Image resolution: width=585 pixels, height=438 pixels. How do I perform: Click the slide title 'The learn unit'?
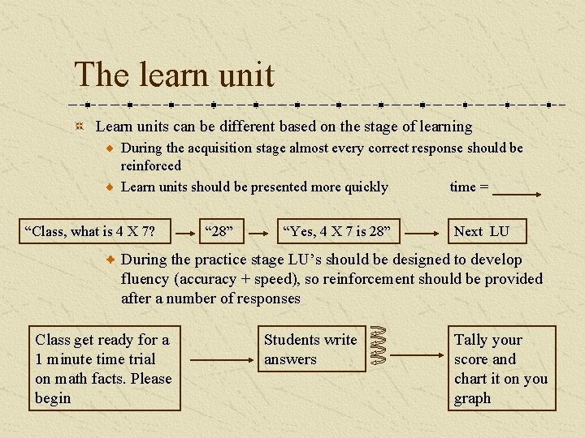pyautogui.click(x=175, y=75)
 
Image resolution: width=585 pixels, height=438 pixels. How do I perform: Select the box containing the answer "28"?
pyautogui.click(x=220, y=231)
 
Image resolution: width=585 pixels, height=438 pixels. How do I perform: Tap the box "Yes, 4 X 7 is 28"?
pyautogui.click(x=336, y=231)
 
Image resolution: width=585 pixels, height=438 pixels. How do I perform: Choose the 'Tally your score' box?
pyautogui.click(x=501, y=368)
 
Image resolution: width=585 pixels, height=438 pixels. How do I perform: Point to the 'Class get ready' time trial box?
pyautogui.click(x=104, y=368)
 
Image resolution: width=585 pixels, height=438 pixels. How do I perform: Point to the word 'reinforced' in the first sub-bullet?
pyautogui.click(x=151, y=165)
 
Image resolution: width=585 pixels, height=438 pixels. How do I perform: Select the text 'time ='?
pyautogui.click(x=469, y=187)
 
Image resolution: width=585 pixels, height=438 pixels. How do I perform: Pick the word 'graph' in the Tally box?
pyautogui.click(x=473, y=398)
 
